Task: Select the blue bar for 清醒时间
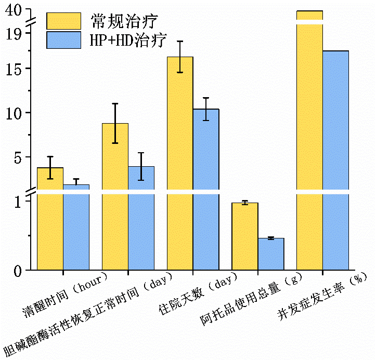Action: [x=76, y=229]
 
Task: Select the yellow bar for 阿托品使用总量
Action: [x=244, y=236]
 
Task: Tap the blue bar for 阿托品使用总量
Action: [x=270, y=254]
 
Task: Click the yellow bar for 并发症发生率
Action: [x=309, y=140]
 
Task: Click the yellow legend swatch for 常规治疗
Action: [x=63, y=21]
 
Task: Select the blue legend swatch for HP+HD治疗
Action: [x=63, y=40]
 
